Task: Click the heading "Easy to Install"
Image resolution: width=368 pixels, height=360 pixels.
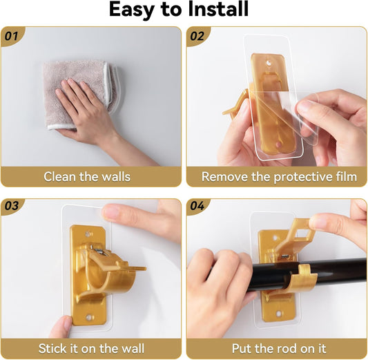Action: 179,10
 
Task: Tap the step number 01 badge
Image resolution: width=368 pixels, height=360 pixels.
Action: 12,37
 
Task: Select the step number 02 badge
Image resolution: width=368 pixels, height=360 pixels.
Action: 197,37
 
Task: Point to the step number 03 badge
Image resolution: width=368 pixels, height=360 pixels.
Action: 12,206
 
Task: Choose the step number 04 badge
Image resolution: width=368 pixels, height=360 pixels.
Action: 197,206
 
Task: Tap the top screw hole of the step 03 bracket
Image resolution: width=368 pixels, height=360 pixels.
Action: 88,234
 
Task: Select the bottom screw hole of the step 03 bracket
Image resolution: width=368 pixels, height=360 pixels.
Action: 89,317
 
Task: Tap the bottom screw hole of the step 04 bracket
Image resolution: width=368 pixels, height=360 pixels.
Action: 278,313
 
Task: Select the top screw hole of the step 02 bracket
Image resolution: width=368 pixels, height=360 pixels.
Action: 269,63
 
